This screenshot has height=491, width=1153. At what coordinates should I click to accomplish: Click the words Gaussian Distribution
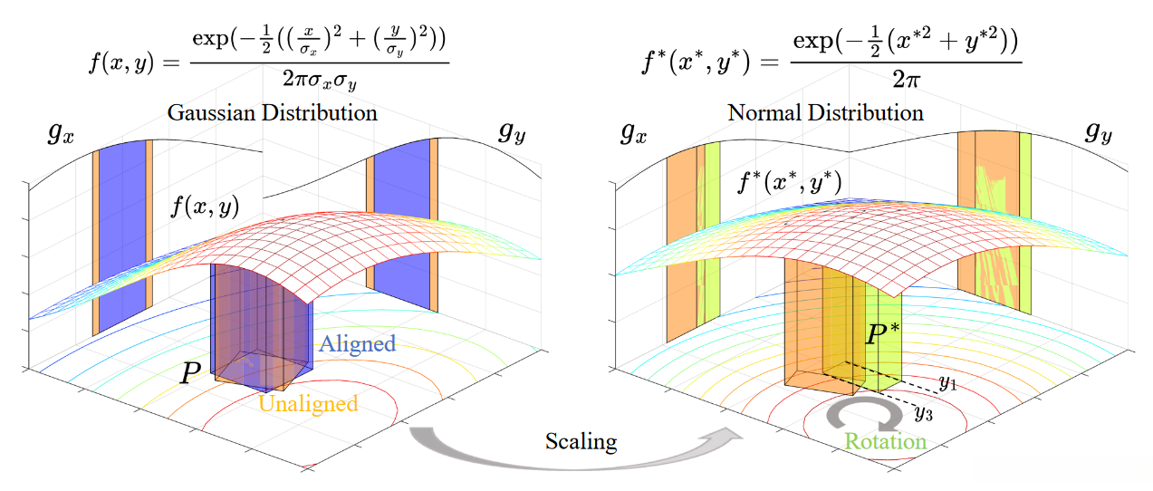tap(272, 114)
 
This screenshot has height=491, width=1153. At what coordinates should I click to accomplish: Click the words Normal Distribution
tap(825, 113)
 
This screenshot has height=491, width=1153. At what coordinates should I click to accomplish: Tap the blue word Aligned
tap(358, 343)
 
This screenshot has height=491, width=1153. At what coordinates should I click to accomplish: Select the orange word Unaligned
tap(308, 403)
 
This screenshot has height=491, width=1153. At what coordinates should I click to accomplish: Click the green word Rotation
tap(885, 441)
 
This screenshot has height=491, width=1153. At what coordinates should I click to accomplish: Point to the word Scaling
tap(581, 442)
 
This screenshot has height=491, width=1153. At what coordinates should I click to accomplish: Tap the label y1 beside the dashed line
tap(947, 383)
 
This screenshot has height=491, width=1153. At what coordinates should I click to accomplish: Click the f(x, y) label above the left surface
tap(206, 207)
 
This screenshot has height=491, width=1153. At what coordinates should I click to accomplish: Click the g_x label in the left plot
tap(62, 133)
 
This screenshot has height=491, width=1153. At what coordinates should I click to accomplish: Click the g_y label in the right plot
tap(1100, 133)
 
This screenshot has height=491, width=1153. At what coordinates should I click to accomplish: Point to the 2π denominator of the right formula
tap(906, 81)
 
